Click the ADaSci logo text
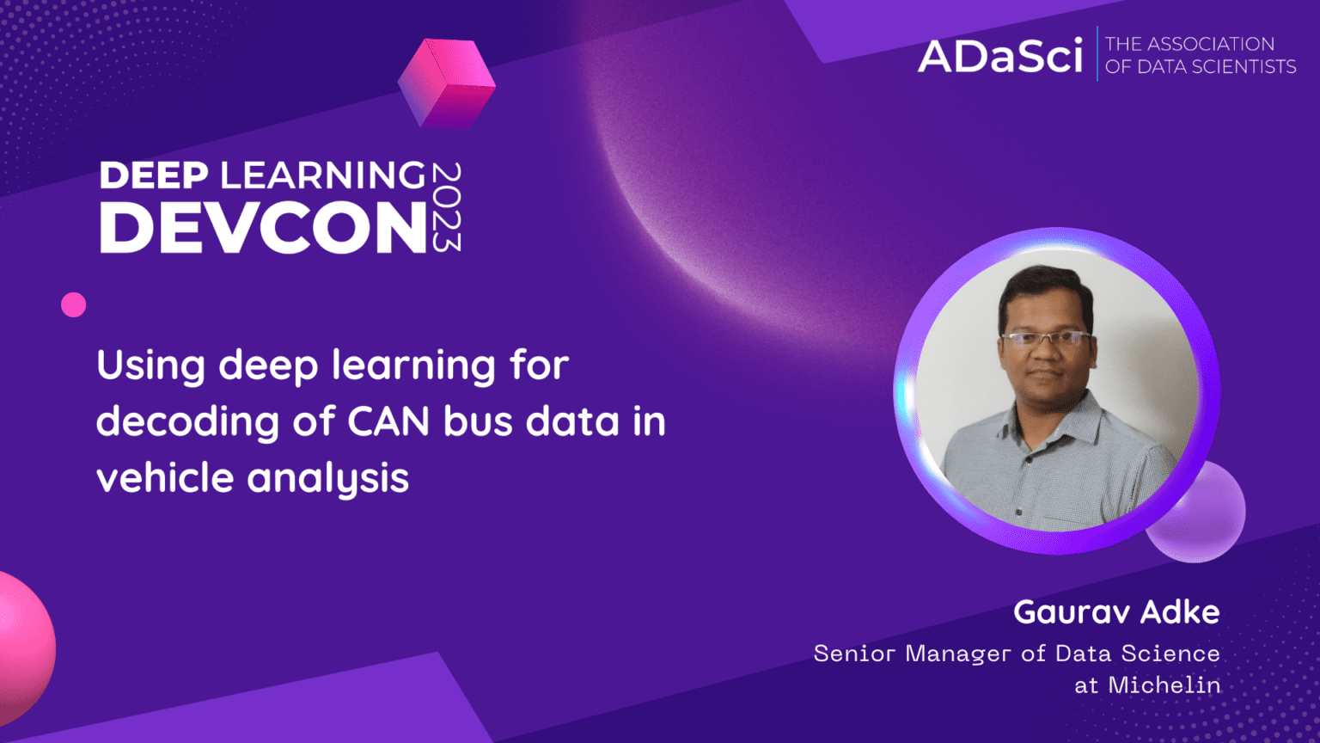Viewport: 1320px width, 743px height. pyautogui.click(x=1000, y=56)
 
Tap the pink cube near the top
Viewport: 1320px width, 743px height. pyautogui.click(x=446, y=84)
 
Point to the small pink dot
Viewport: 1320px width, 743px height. pyautogui.click(x=74, y=304)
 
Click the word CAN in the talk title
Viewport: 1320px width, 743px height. pyautogui.click(x=388, y=421)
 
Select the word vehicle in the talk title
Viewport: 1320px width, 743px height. pyautogui.click(x=165, y=477)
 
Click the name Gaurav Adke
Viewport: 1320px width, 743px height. pyautogui.click(x=1115, y=611)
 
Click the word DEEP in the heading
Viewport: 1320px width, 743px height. pyautogui.click(x=154, y=175)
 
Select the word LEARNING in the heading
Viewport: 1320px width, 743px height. pyautogui.click(x=322, y=175)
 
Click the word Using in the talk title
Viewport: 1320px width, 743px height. pyautogui.click(x=150, y=365)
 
